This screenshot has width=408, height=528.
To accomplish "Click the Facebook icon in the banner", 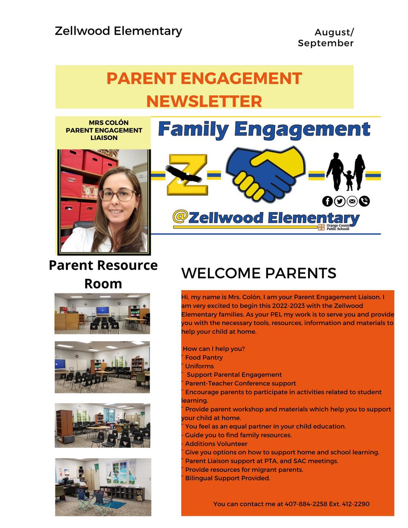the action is [327, 201].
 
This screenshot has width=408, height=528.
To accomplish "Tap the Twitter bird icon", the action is [340, 201].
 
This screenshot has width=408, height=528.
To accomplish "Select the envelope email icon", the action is [352, 201].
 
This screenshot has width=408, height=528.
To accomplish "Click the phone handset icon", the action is [364, 201].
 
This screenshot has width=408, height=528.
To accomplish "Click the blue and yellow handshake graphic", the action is [265, 175].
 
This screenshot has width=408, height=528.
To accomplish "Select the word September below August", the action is [325, 43].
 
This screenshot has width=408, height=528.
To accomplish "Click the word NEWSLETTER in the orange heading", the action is [204, 101].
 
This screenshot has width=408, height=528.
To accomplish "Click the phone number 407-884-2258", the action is [306, 504].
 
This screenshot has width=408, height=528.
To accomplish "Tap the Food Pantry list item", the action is [204, 357].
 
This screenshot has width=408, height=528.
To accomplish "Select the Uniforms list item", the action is [199, 366].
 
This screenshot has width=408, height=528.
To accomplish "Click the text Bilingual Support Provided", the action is [227, 478].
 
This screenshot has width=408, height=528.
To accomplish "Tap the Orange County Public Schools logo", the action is [334, 227].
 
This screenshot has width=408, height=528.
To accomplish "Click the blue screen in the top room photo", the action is [103, 310].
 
